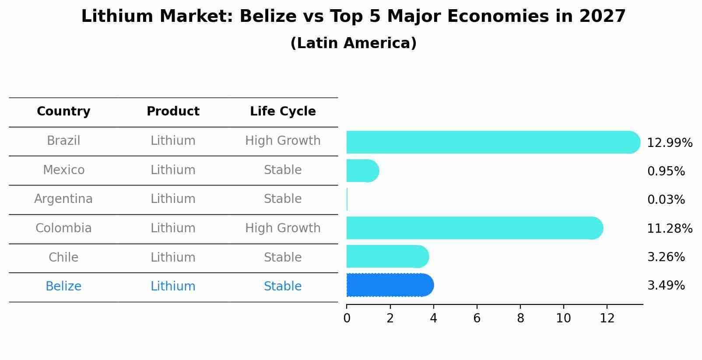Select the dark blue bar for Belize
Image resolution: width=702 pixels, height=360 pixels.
[390, 285]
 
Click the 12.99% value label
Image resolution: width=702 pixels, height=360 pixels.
[670, 143]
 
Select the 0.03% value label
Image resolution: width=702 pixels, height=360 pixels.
[666, 200]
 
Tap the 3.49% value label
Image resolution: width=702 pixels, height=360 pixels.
[666, 286]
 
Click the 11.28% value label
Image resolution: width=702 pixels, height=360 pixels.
[670, 228]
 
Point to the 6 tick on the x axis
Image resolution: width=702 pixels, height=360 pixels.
[477, 318]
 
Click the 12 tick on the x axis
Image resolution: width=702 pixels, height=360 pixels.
[607, 318]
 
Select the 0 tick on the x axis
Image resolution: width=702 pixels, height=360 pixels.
[347, 318]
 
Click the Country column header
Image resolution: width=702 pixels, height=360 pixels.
[63, 112]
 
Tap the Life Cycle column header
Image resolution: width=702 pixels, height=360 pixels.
[283, 112]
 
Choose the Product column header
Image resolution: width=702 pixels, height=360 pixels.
[173, 112]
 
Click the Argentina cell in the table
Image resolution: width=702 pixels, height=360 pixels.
[63, 199]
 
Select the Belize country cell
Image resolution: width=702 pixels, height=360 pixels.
[63, 287]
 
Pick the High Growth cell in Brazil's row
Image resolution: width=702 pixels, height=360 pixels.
[283, 141]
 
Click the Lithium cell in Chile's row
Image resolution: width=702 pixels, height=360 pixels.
[173, 257]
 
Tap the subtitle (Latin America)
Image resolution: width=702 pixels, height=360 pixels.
[353, 43]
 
